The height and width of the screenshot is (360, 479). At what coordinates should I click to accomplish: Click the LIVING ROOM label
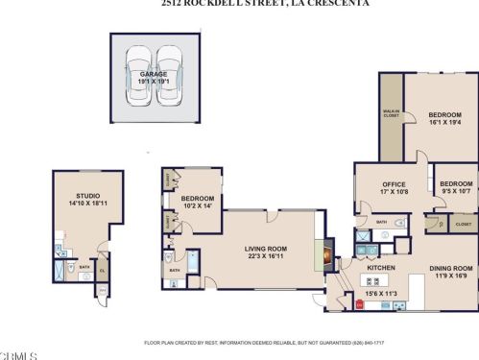[x=265, y=248]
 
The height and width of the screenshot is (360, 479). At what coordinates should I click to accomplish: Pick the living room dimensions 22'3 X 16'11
[x=265, y=256]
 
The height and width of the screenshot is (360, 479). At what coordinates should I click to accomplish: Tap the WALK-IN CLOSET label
[x=392, y=113]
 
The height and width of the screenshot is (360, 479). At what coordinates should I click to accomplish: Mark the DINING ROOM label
[x=450, y=268]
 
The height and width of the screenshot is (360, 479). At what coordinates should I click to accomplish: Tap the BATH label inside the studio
[x=84, y=268]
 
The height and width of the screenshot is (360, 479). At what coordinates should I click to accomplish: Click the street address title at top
[x=238, y=4]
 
